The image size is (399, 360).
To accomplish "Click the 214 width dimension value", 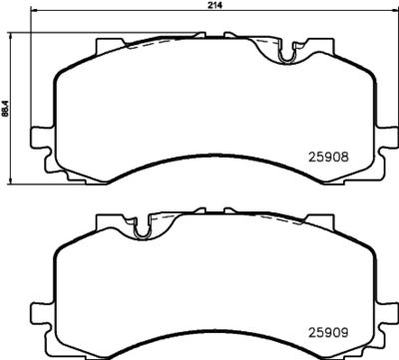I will pyautogui.click(x=213, y=6).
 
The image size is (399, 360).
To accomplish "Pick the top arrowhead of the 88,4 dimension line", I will pyautogui.click(x=13, y=33).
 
